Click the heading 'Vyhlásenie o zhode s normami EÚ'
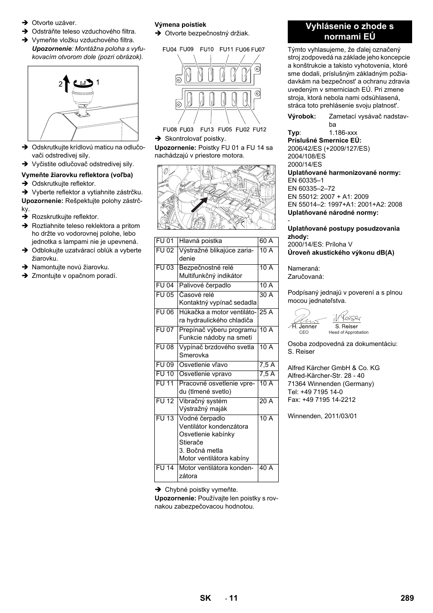(349, 31)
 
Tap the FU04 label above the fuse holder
(169, 49)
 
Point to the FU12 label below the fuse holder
(260, 129)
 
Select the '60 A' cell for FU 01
(266, 241)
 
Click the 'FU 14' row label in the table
(165, 468)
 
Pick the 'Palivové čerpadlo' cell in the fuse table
(205, 286)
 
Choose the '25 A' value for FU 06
(266, 312)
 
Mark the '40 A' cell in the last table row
(266, 468)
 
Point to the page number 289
(407, 598)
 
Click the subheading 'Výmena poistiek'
(180, 25)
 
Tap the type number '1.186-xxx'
(343, 133)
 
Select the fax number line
(321, 400)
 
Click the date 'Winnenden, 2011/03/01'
(322, 416)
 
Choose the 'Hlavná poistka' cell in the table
(200, 241)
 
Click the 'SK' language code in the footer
(206, 598)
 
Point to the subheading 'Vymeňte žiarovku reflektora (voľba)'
(77, 175)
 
